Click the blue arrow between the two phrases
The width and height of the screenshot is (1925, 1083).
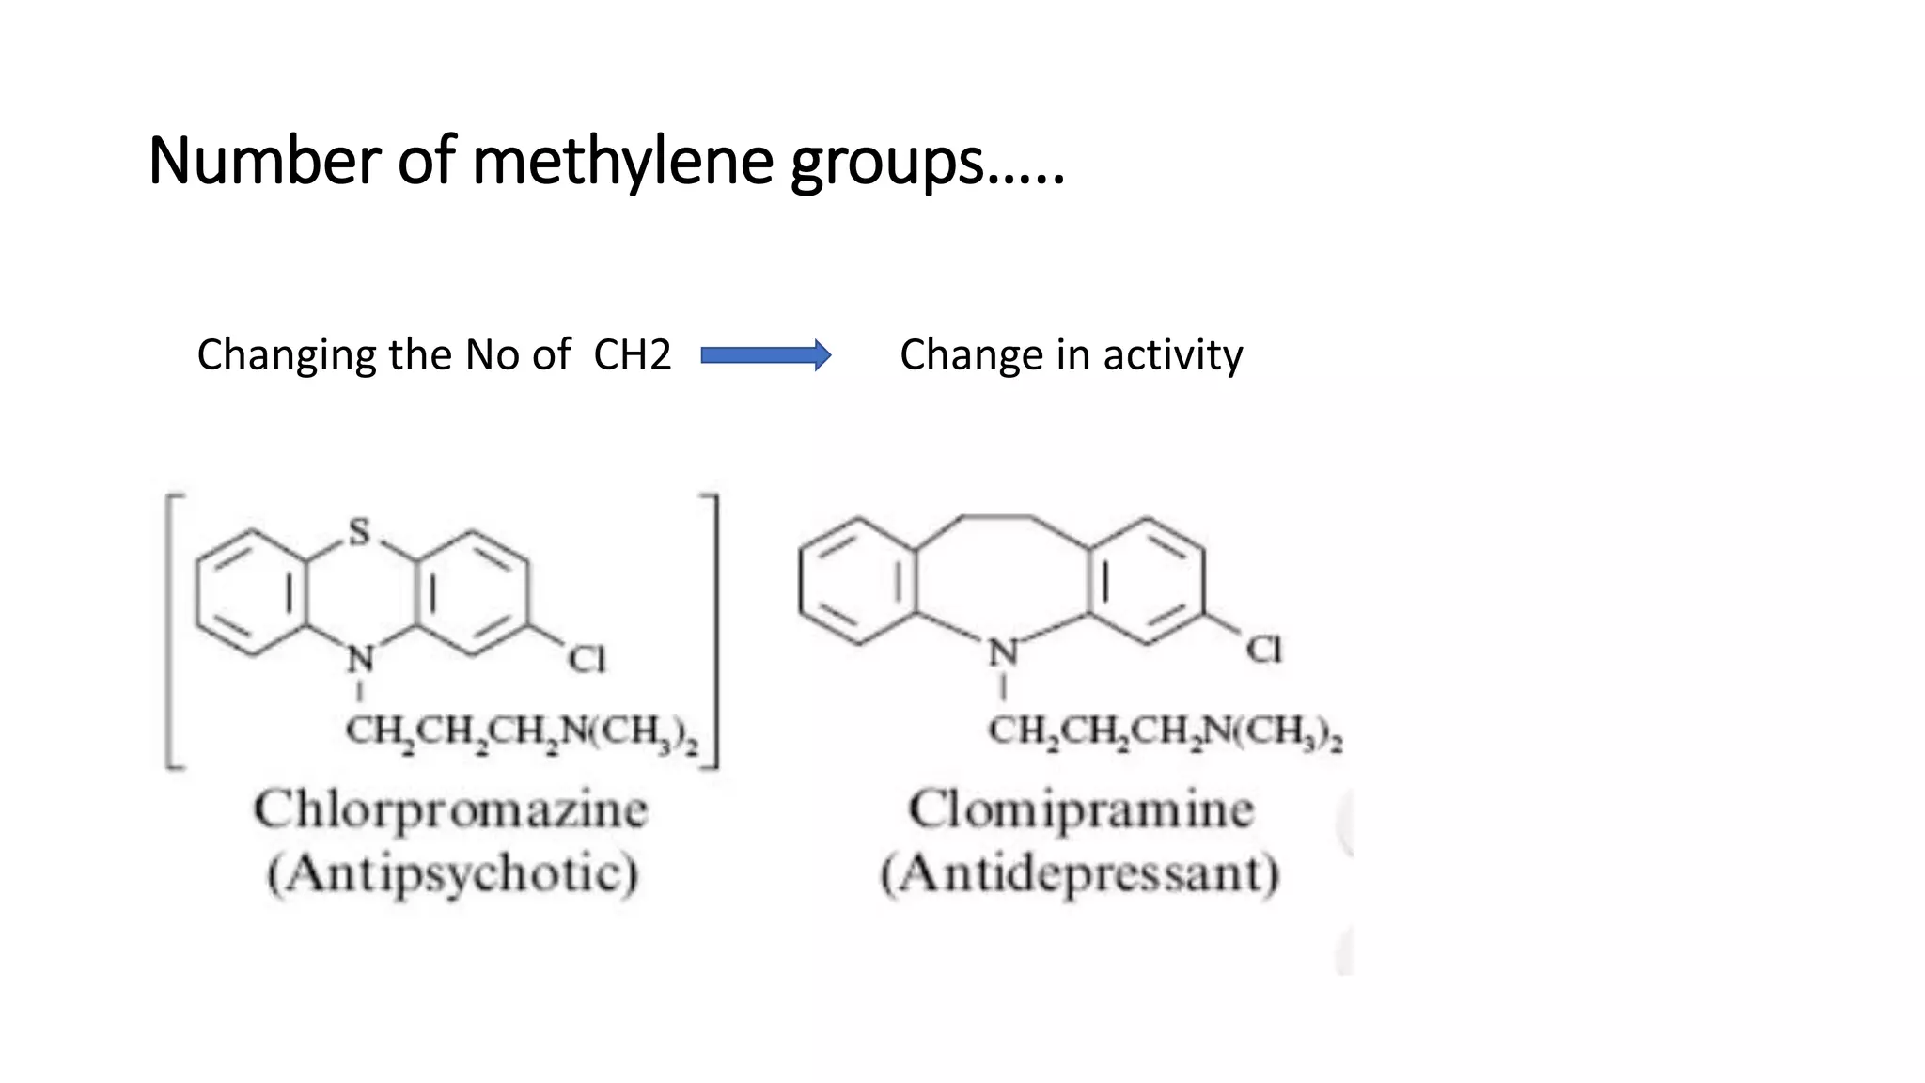(765, 355)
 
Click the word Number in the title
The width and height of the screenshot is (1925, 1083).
(264, 161)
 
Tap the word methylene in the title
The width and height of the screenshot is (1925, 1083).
(622, 162)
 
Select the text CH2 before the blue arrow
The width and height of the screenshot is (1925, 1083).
(632, 355)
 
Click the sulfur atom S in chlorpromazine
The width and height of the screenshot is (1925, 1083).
(359, 532)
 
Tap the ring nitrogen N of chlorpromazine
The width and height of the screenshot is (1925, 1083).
(360, 659)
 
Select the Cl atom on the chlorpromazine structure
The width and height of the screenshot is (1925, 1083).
(587, 659)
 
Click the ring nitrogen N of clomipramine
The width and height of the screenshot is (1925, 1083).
(1003, 651)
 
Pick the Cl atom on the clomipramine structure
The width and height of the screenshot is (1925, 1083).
(1263, 650)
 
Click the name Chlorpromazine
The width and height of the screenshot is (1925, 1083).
(450, 810)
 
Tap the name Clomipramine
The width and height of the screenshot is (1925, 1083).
(1080, 810)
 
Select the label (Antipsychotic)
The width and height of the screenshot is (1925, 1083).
(452, 873)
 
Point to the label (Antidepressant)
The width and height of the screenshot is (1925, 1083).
(1080, 873)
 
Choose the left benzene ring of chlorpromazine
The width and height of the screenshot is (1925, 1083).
(251, 592)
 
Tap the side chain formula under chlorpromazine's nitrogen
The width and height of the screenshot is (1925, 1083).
(522, 732)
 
